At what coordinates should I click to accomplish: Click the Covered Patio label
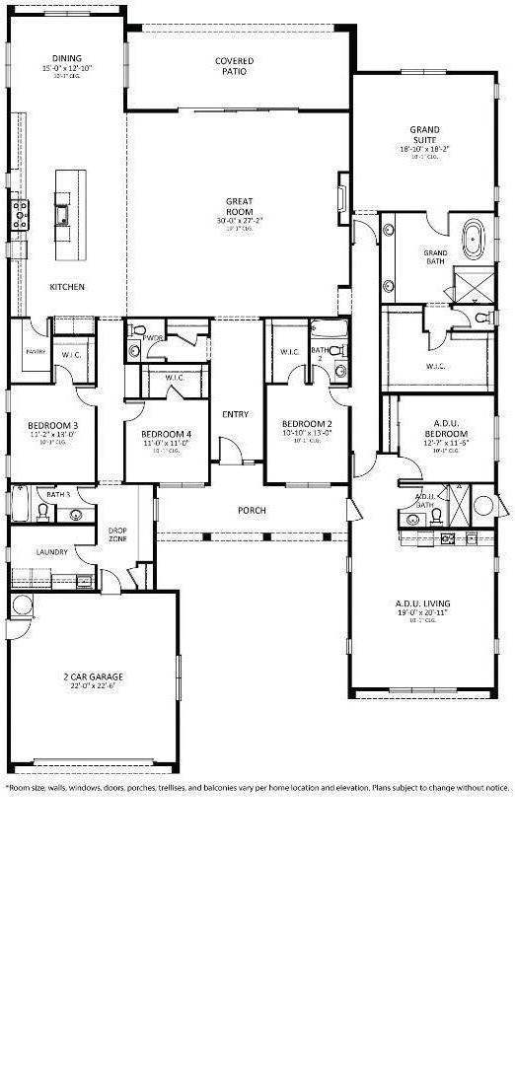click(x=235, y=66)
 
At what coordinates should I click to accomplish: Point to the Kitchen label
click(x=67, y=287)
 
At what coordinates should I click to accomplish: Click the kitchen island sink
click(x=62, y=214)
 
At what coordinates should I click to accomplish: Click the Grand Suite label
click(x=425, y=135)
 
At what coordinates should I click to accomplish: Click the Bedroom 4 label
click(x=166, y=434)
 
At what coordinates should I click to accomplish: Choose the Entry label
click(x=235, y=414)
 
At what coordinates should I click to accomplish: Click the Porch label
click(x=252, y=510)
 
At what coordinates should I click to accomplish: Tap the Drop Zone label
click(x=117, y=534)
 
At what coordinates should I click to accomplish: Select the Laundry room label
click(x=50, y=552)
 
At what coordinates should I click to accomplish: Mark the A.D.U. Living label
click(x=423, y=603)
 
